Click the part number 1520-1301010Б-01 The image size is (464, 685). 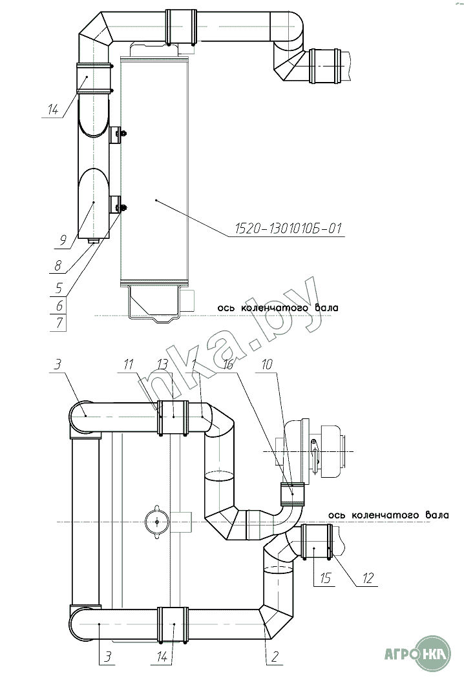pyautogui.click(x=288, y=229)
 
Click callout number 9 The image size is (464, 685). pyautogui.click(x=63, y=240)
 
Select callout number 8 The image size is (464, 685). pyautogui.click(x=58, y=265)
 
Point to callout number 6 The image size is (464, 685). pyautogui.click(x=59, y=305)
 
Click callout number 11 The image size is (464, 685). pyautogui.click(x=129, y=363)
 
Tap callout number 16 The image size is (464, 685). pyautogui.click(x=228, y=363)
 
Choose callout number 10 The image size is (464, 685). pyautogui.click(x=267, y=363)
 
